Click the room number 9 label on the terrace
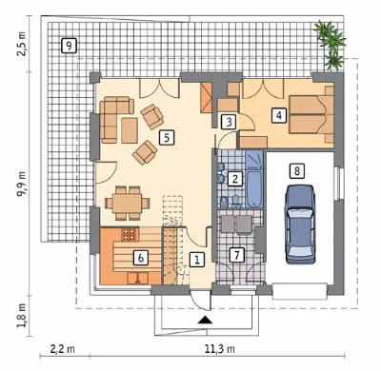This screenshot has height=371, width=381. tap(69, 47)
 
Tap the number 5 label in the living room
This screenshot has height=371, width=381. tap(167, 138)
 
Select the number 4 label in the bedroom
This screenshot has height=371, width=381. tap(278, 115)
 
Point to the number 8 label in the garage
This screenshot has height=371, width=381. tap(297, 171)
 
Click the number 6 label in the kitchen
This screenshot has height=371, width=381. tap(141, 257)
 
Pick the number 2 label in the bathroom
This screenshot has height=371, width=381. tap(235, 179)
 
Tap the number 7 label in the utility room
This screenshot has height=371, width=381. tap(236, 255)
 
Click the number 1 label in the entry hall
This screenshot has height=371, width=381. tap(197, 261)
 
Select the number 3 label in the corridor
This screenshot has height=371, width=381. tap(229, 122)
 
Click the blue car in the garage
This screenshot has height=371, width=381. tap(300, 225)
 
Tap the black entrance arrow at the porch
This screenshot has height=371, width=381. tap(205, 320)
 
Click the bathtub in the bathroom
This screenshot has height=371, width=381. tap(254, 189)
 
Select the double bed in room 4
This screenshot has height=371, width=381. tap(311, 114)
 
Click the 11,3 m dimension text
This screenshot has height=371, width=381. tap(219, 349)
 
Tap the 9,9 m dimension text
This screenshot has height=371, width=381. tap(22, 185)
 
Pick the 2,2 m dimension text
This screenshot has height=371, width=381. tap(63, 349)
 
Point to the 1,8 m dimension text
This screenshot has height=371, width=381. tap(22, 316)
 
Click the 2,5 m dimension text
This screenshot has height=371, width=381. tap(22, 44)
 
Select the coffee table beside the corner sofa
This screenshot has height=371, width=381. tap(130, 130)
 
